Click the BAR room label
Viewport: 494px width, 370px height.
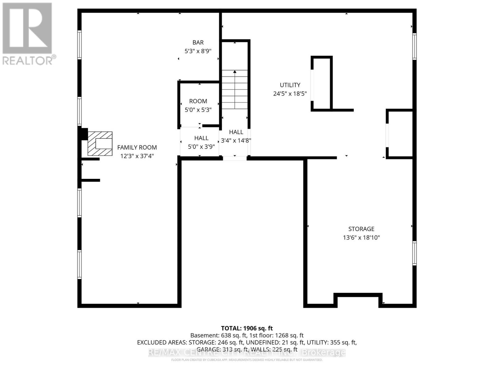[198, 43]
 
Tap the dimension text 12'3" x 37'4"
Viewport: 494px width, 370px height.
[137, 156]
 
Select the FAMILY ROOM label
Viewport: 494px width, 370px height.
[137, 147]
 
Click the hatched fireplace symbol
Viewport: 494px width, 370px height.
[100, 144]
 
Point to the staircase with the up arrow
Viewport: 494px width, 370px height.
[235, 89]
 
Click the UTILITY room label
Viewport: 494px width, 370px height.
[290, 85]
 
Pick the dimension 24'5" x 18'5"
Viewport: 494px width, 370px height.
[290, 93]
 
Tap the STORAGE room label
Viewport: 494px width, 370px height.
[361, 229]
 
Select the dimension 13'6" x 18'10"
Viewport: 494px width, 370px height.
[361, 237]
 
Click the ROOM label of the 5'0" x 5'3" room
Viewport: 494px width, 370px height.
[198, 101]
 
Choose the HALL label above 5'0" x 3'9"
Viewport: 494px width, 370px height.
[201, 138]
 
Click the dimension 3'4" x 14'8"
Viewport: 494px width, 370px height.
[236, 141]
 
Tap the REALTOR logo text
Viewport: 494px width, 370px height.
[28, 60]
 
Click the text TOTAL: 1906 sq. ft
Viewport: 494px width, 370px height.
[247, 328]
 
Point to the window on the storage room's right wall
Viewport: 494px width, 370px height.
[414, 253]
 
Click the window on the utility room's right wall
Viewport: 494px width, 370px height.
[414, 46]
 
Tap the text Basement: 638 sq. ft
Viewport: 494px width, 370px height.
[218, 335]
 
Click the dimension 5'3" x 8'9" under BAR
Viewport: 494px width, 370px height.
[198, 51]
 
